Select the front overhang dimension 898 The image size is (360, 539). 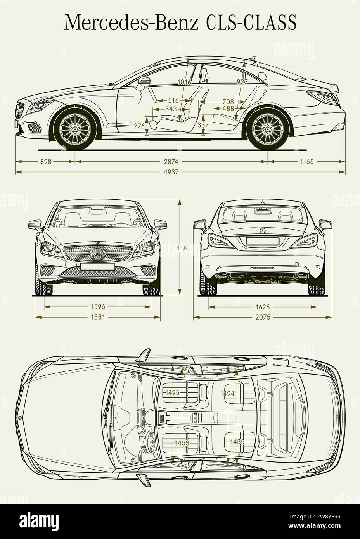point(45,161)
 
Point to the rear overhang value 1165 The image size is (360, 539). point(306,161)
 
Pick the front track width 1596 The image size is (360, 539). point(98,307)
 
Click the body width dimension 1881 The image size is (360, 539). point(98,317)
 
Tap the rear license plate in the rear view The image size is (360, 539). point(262,241)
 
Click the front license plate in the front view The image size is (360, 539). point(98,267)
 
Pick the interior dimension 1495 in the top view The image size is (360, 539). point(172,393)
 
